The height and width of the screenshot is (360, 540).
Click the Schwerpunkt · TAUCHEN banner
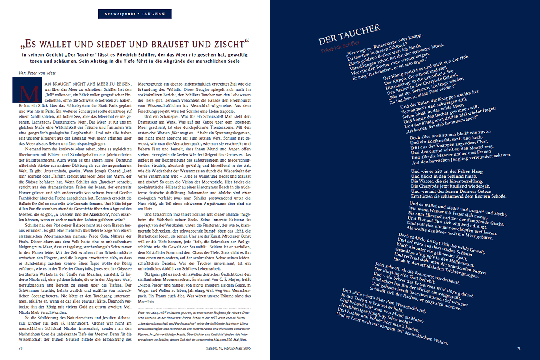(x=135, y=14)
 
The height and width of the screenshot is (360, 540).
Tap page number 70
(x=20, y=347)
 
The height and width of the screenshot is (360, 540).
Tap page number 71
(x=520, y=347)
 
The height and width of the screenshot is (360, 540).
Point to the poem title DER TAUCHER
(x=349, y=35)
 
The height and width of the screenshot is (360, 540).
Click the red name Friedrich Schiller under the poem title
(x=340, y=48)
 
